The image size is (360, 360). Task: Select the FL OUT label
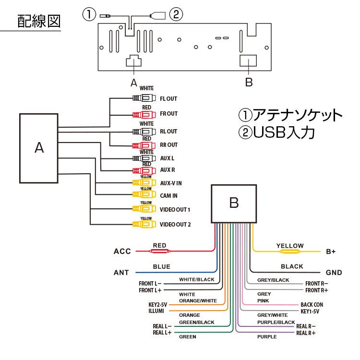click(168, 99)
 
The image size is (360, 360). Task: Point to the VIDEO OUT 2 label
click(175, 224)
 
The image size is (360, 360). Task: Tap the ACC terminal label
click(122, 251)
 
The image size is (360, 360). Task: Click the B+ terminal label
click(331, 251)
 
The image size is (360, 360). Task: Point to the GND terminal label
click(334, 273)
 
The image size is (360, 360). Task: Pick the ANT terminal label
click(121, 273)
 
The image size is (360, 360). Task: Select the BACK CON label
click(312, 305)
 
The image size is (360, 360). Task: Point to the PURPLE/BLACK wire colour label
click(276, 322)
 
